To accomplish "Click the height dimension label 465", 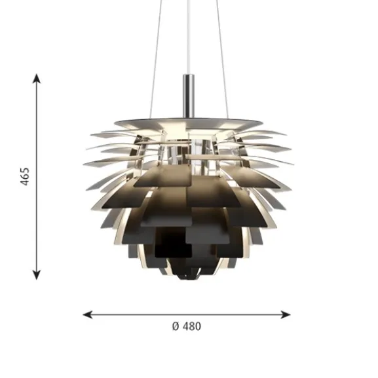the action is click(25, 176).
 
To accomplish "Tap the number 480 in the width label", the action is click(192, 326).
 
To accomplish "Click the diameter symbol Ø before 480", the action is click(176, 326).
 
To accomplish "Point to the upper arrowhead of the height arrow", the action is click(37, 79).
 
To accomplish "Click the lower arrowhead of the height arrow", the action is click(37, 275).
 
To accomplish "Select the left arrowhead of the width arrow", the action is click(88, 314).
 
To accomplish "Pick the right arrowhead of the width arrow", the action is click(286, 314).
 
